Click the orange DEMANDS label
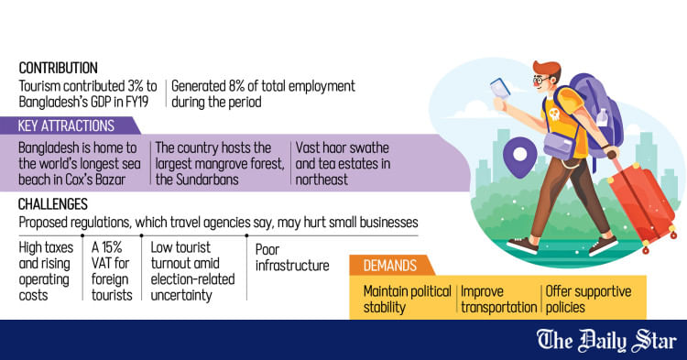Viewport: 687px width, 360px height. pos(390,266)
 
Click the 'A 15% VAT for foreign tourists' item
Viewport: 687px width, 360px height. pos(111,270)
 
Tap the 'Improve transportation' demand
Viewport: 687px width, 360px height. pos(498,300)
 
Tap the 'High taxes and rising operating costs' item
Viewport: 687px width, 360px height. pos(47,270)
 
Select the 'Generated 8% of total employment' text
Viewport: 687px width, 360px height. pos(265,93)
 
